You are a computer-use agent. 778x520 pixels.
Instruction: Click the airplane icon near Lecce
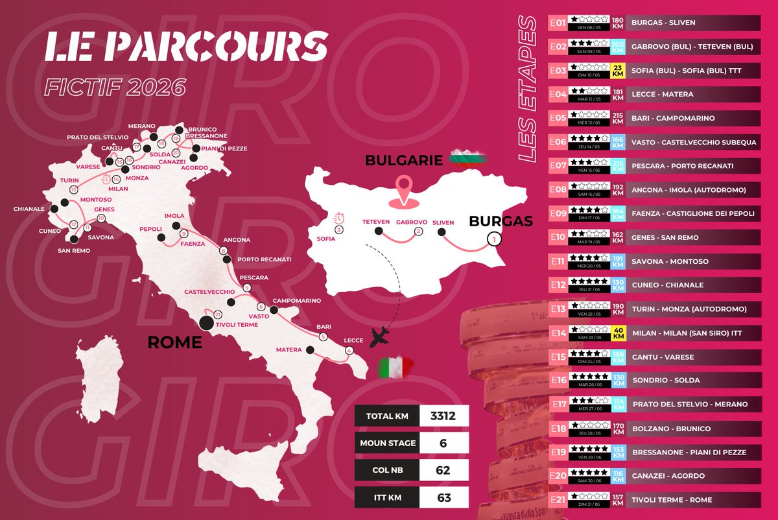382,337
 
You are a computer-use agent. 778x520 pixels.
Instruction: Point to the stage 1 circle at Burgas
494,240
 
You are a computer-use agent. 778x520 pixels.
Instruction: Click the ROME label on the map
174,342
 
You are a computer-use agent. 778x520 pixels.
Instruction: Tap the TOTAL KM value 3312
444,416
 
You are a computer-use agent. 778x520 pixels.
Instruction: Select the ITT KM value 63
444,497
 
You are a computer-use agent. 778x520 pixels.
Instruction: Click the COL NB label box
386,470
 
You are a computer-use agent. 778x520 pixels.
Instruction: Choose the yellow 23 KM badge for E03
617,70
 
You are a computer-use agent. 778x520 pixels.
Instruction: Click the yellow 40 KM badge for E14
617,333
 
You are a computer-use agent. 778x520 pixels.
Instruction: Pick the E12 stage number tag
557,285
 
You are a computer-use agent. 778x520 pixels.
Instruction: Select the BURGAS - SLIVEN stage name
663,23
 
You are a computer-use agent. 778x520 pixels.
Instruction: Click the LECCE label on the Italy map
354,340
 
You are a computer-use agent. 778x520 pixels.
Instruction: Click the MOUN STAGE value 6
444,443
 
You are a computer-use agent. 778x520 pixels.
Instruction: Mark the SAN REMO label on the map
73,251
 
